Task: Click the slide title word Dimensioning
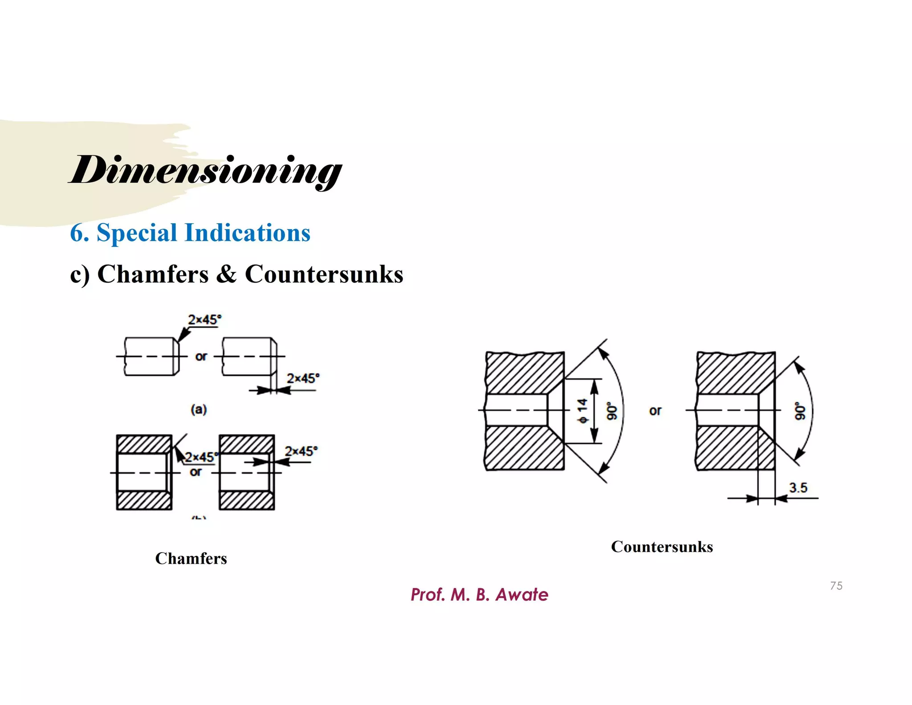pos(205,171)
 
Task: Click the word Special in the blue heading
pos(136,233)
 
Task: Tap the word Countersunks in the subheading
pos(324,274)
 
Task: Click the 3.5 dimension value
pos(798,488)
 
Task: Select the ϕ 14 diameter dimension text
pos(582,411)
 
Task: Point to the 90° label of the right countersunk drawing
pos(800,411)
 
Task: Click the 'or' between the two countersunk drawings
pos(655,410)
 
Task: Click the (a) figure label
pos(199,409)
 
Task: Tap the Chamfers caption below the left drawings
pos(191,558)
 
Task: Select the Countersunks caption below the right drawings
pos(662,547)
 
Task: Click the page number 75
pos(836,586)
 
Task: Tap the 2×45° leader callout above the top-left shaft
pos(204,320)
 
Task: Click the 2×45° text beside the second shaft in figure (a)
pos(303,378)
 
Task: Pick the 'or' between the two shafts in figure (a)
pos(201,357)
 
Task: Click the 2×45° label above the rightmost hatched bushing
pos(301,451)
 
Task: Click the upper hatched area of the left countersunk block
pos(525,372)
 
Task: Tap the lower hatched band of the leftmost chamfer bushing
pos(144,500)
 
